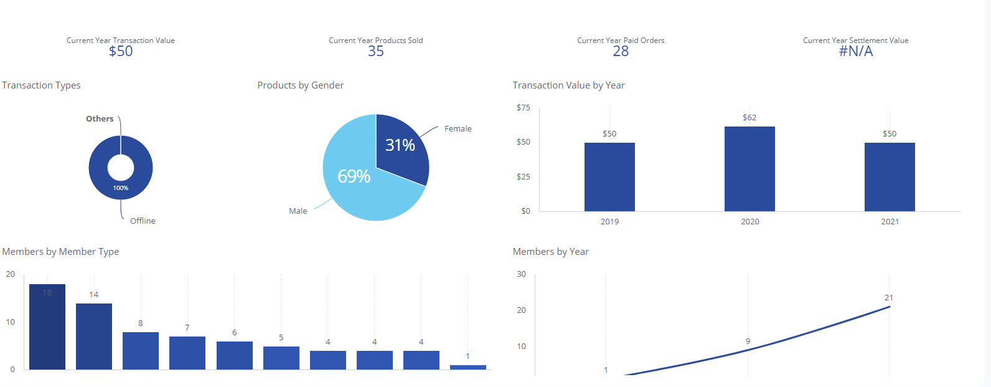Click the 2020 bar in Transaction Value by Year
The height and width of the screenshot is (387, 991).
click(749, 169)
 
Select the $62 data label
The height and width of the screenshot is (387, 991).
click(749, 118)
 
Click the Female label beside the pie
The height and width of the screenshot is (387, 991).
click(458, 129)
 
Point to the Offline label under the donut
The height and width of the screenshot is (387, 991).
click(143, 221)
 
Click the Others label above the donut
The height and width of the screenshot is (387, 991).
click(100, 119)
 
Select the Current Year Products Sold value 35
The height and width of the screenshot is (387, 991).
click(376, 52)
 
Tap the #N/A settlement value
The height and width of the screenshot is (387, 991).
click(856, 52)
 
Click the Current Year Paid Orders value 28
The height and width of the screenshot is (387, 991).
click(621, 52)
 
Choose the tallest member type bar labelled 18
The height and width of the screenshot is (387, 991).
click(47, 327)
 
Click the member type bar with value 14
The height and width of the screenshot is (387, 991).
click(94, 337)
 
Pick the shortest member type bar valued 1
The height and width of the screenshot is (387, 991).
click(468, 367)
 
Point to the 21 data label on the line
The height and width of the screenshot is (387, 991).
click(889, 298)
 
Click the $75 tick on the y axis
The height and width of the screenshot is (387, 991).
click(524, 108)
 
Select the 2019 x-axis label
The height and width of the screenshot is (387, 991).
click(609, 222)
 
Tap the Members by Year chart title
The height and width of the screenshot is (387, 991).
click(550, 252)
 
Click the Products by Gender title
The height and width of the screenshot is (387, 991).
click(300, 85)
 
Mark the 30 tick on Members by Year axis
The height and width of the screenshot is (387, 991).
click(522, 274)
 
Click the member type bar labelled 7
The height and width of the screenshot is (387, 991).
click(187, 353)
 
